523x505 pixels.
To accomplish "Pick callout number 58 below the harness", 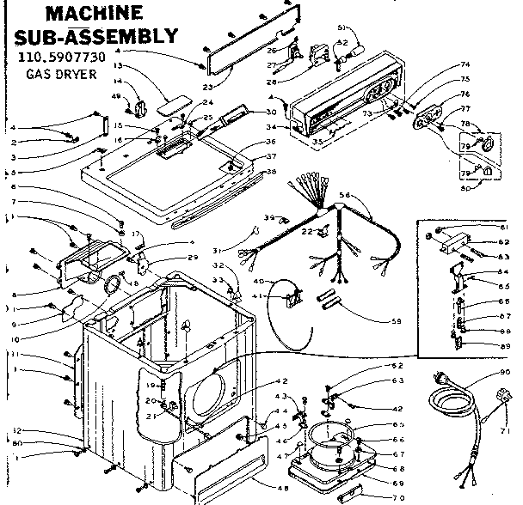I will (x=396, y=321).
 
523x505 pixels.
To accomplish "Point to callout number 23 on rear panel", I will (x=208, y=86).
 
